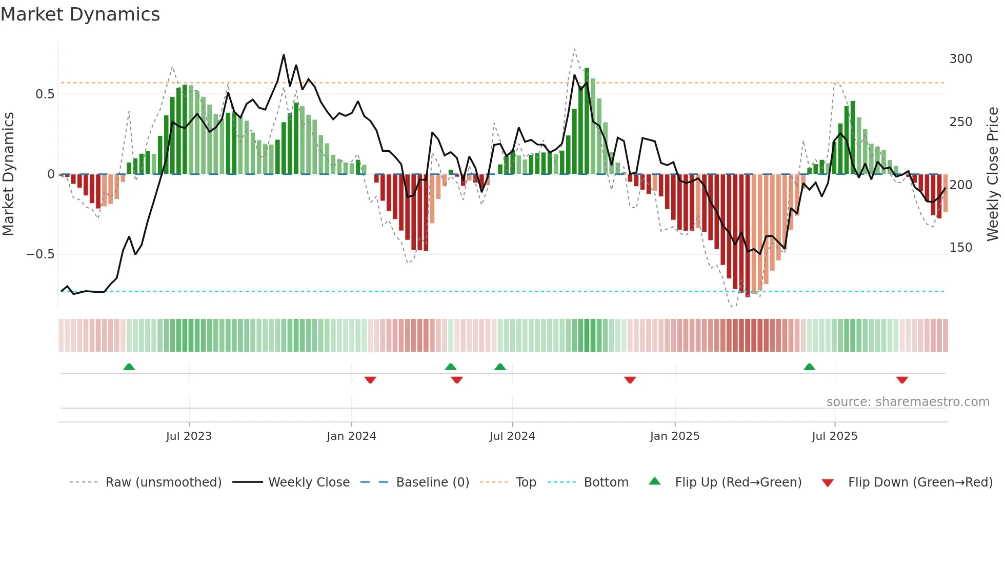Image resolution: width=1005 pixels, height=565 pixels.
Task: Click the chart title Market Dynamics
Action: point(80,14)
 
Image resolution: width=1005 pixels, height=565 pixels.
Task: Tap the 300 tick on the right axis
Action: point(960,59)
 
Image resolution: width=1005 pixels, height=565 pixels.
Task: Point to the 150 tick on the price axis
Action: point(960,248)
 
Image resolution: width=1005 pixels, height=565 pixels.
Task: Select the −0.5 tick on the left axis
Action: point(40,254)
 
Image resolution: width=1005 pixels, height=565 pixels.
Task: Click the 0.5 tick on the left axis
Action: point(45,94)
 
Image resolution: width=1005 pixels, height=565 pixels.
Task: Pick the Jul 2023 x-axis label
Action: point(189,436)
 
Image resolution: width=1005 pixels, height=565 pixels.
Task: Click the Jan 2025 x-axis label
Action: point(674,436)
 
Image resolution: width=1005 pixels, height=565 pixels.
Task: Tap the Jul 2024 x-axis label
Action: point(512,436)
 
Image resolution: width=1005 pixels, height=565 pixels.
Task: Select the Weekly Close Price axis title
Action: point(993,174)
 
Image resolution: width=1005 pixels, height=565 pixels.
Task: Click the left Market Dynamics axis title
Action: point(9,174)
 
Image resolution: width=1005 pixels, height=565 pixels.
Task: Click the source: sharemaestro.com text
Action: point(908,402)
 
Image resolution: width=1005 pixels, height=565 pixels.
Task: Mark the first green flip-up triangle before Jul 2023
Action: point(129,367)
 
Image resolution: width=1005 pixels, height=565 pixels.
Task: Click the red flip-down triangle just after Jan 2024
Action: point(370,380)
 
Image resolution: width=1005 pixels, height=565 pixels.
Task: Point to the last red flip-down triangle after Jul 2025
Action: point(902,380)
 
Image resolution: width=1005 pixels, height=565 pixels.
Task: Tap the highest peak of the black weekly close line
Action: point(284,55)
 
